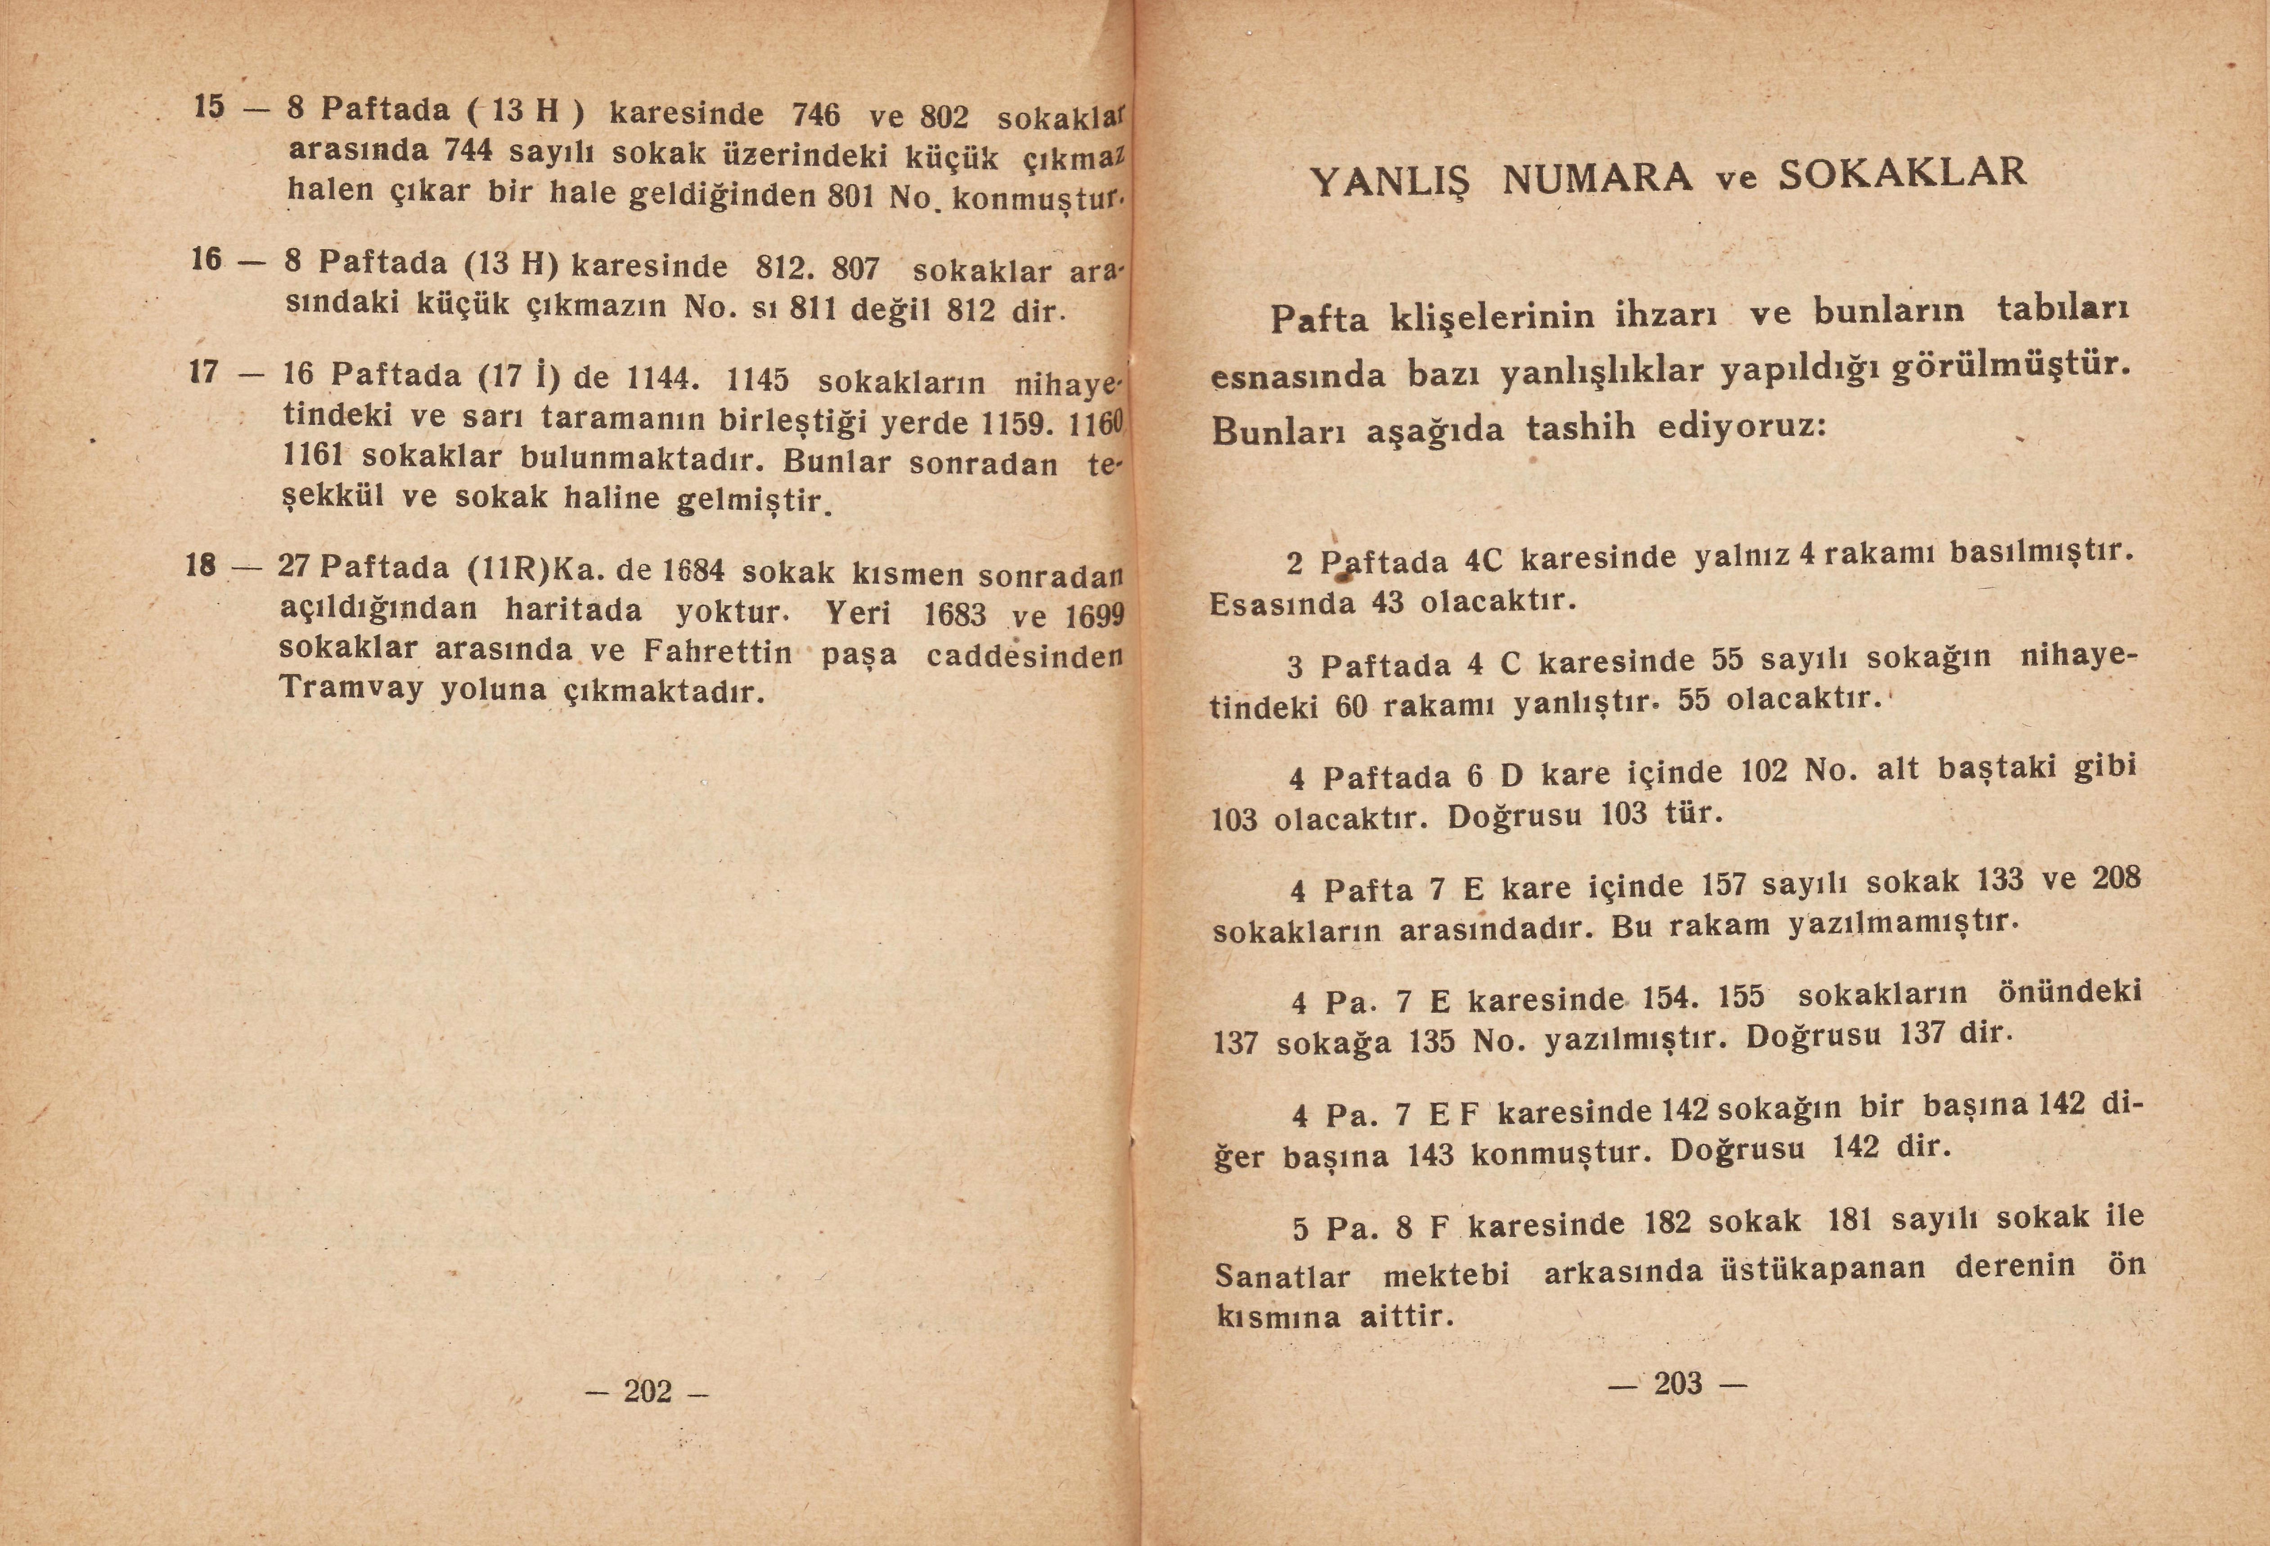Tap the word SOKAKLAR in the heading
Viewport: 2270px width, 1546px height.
point(1902,173)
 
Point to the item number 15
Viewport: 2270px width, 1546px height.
point(209,106)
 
